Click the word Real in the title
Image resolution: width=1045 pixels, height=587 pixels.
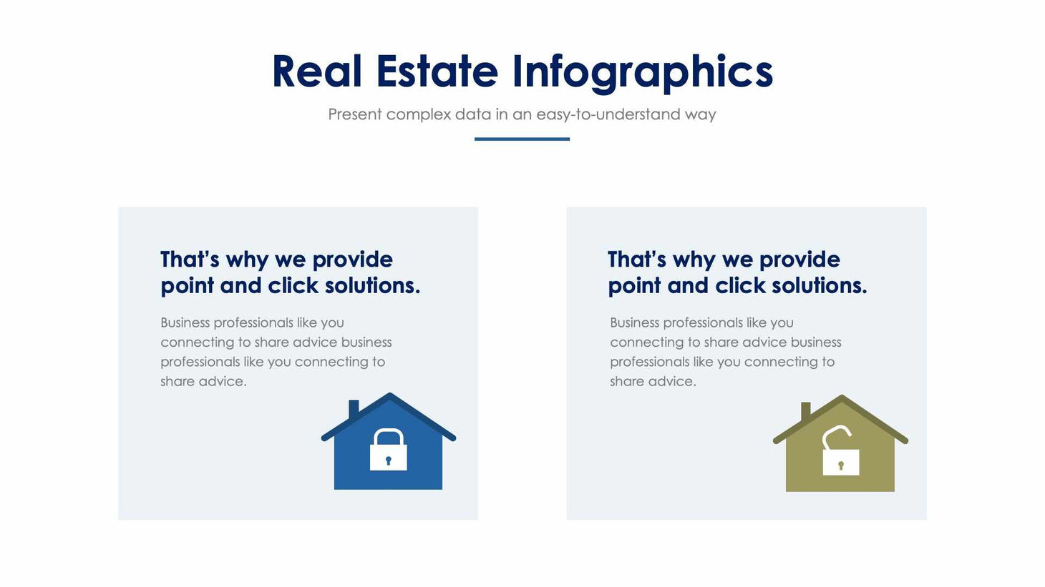pyautogui.click(x=316, y=71)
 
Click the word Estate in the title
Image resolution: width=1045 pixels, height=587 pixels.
pyautogui.click(x=437, y=71)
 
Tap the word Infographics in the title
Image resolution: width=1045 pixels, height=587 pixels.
pyautogui.click(x=642, y=71)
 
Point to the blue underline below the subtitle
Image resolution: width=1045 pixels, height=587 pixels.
pyautogui.click(x=522, y=139)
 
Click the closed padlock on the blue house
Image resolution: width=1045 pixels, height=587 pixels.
pyautogui.click(x=388, y=450)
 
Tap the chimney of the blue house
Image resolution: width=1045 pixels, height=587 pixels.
pyautogui.click(x=354, y=408)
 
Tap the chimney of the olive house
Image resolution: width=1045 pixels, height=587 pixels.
pyautogui.click(x=806, y=410)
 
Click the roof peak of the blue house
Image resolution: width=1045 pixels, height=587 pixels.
pyautogui.click(x=389, y=395)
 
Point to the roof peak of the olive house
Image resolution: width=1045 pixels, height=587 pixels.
pyautogui.click(x=842, y=398)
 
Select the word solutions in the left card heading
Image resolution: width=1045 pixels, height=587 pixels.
pyautogui.click(x=371, y=285)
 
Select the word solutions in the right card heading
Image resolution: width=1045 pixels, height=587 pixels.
pyautogui.click(x=819, y=285)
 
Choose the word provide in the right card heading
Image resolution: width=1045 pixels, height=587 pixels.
pyautogui.click(x=799, y=259)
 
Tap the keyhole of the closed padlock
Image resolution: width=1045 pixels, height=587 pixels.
pyautogui.click(x=389, y=460)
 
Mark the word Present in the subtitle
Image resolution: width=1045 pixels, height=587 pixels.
pyautogui.click(x=354, y=114)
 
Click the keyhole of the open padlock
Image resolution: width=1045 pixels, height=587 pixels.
pyautogui.click(x=841, y=465)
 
